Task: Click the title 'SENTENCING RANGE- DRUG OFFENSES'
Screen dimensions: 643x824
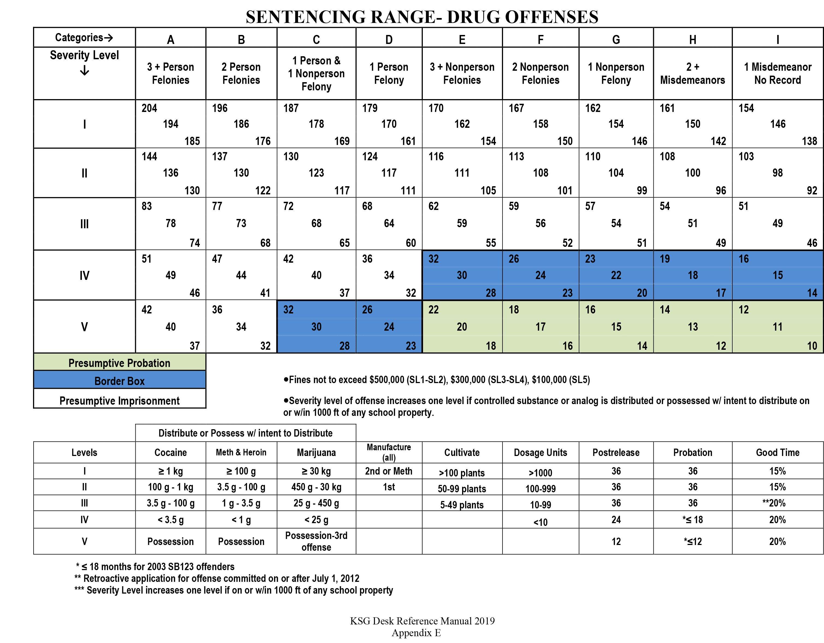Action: [422, 17]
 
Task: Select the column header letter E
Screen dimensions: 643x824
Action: [462, 40]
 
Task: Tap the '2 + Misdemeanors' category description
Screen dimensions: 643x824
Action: [692, 73]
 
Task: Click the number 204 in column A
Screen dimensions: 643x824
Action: [149, 108]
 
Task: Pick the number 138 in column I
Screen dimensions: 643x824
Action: [809, 141]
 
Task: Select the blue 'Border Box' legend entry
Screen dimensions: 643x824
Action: [119, 381]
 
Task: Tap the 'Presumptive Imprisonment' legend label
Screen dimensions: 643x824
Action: [119, 400]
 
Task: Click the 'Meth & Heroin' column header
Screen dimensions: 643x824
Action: [241, 452]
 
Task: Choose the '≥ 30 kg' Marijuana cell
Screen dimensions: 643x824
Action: [316, 471]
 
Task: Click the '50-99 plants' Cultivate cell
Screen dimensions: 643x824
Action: [462, 489]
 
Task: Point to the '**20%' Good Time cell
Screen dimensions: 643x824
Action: [777, 503]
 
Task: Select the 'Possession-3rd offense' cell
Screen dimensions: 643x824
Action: [316, 541]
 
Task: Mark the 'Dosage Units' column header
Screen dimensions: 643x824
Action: [540, 452]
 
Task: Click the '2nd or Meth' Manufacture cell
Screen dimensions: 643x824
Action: [389, 471]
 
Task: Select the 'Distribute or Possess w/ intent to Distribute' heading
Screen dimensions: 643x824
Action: [245, 433]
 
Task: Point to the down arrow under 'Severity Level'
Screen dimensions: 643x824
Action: [85, 70]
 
